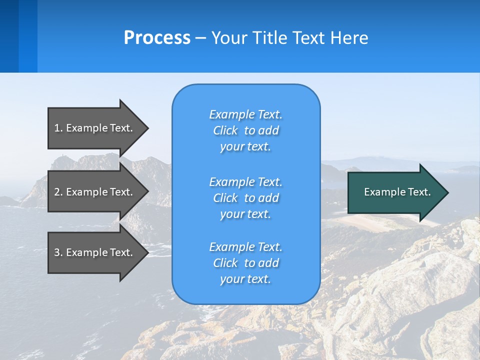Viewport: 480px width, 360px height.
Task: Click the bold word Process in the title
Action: (x=157, y=38)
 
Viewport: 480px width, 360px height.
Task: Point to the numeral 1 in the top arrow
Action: (x=57, y=128)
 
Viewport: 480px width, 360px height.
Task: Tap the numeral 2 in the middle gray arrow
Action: (x=57, y=192)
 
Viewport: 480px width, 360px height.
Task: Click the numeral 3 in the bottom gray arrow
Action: (x=57, y=252)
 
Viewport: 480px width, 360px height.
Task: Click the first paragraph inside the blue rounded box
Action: (x=245, y=130)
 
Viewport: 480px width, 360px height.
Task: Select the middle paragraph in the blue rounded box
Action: (x=245, y=198)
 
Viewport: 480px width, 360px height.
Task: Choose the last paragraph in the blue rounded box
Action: (x=245, y=263)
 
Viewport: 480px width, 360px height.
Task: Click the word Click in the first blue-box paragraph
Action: (x=225, y=130)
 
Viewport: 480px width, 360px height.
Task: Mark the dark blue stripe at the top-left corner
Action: (x=9, y=36)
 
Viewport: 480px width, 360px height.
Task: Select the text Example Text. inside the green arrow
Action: (x=397, y=192)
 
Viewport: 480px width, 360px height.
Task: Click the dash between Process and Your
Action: (x=200, y=38)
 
